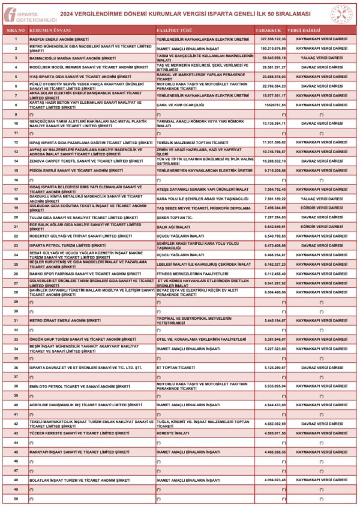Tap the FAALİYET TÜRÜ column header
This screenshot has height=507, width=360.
coord(173,29)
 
